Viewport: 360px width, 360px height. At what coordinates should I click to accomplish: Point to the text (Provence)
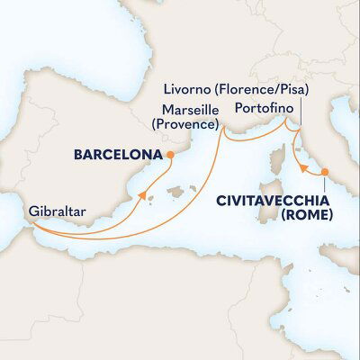185,122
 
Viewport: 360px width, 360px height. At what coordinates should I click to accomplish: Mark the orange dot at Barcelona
168,154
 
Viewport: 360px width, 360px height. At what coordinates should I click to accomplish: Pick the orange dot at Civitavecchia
325,169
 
